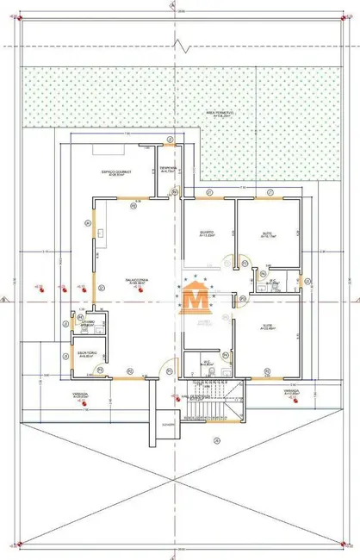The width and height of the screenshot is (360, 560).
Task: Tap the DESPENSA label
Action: [169, 170]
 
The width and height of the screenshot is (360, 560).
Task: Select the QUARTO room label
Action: [207, 234]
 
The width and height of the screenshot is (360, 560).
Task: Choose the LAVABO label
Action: [88, 323]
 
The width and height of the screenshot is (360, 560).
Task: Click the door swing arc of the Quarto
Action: [226, 260]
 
